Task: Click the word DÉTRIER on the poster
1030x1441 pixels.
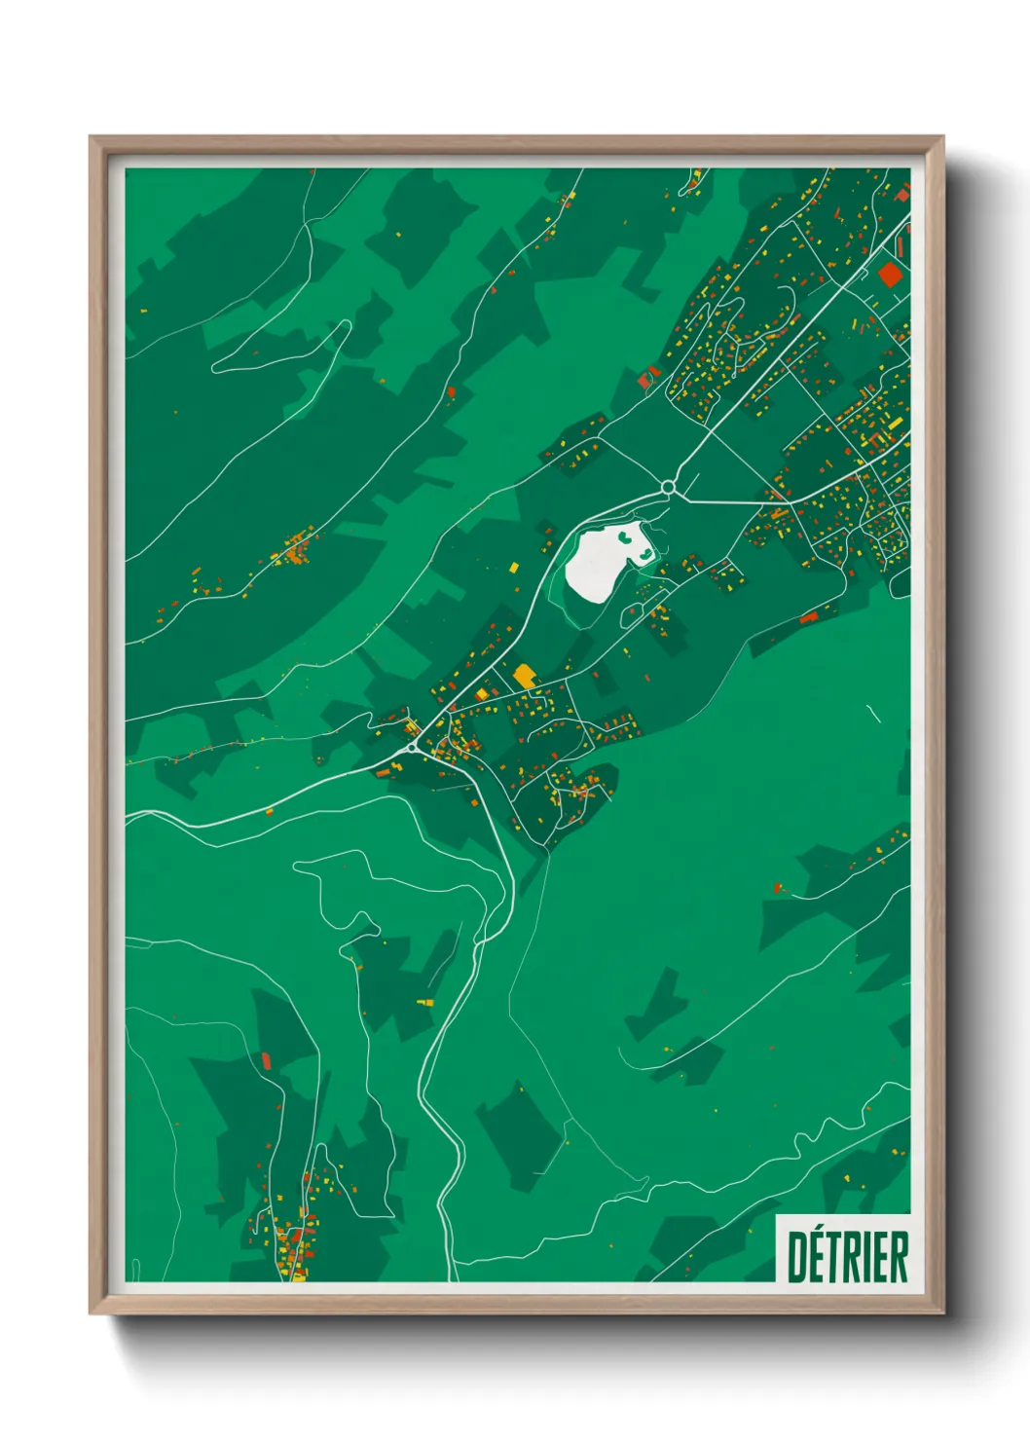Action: point(847,1256)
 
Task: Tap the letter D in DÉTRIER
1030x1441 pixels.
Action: point(796,1257)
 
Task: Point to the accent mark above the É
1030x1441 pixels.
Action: point(820,1234)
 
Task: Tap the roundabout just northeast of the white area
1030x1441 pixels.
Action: point(668,487)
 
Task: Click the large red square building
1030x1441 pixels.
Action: point(888,273)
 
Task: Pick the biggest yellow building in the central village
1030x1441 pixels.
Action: point(525,675)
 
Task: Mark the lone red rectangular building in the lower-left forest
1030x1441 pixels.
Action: point(266,1059)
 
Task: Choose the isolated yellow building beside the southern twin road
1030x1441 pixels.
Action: point(424,1001)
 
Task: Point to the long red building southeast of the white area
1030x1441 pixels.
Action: point(808,616)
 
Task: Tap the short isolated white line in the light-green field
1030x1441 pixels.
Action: point(873,714)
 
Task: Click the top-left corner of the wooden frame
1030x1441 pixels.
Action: point(91,137)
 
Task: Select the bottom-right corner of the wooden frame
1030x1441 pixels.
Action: point(943,1313)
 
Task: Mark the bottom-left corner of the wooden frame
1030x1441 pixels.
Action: point(91,1313)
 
